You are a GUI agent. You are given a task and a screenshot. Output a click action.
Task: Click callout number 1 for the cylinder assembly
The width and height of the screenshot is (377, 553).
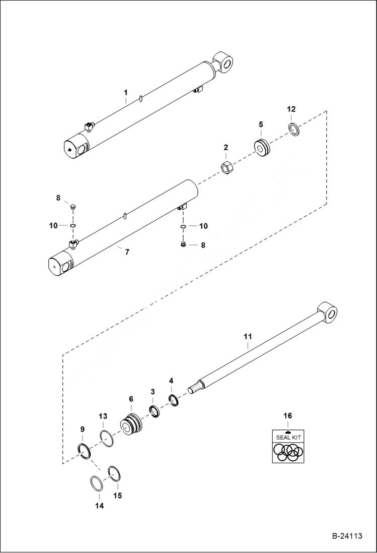pyautogui.click(x=126, y=93)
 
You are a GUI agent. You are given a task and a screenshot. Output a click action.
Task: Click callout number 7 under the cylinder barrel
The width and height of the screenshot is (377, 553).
pyautogui.click(x=126, y=252)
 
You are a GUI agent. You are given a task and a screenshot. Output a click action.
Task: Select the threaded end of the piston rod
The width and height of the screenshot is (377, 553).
pyautogui.click(x=194, y=389)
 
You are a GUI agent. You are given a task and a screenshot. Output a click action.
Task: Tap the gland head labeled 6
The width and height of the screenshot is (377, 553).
pyautogui.click(x=132, y=424)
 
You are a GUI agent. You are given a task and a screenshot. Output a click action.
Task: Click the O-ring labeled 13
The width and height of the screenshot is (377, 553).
pyautogui.click(x=106, y=438)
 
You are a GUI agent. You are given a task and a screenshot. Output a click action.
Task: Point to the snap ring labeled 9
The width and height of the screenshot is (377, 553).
pyautogui.click(x=86, y=451)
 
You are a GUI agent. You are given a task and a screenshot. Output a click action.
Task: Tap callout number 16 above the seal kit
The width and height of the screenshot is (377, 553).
pyautogui.click(x=287, y=416)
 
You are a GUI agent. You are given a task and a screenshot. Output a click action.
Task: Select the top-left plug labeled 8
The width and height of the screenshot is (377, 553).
pyautogui.click(x=71, y=207)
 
